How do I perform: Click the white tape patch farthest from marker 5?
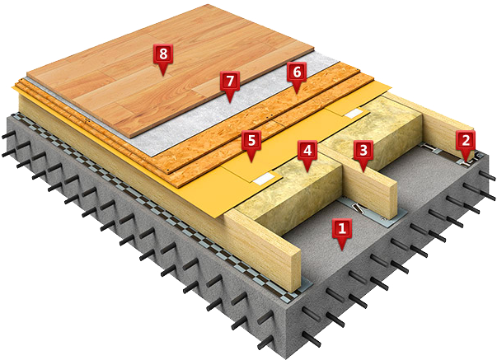pyautogui.click(x=355, y=113)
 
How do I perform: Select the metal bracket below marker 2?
pyautogui.click(x=467, y=162)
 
